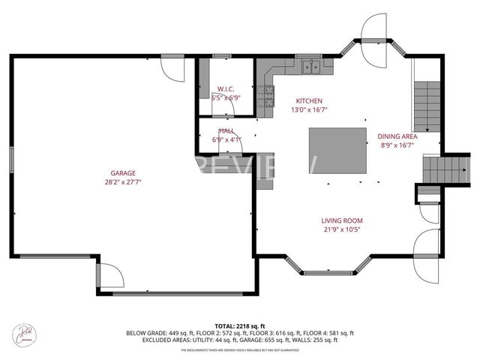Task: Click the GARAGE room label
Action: click(123, 172)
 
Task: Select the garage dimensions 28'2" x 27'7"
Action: click(123, 181)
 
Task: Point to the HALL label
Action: click(226, 130)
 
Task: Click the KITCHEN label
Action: click(309, 100)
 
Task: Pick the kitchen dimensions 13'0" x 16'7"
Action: click(309, 110)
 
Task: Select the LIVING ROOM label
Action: click(341, 220)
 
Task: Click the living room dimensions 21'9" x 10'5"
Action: click(341, 230)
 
